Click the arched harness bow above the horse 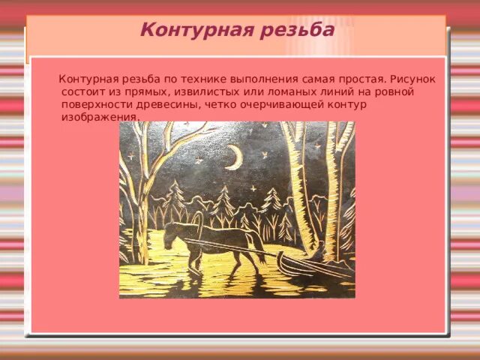[x=197, y=217]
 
